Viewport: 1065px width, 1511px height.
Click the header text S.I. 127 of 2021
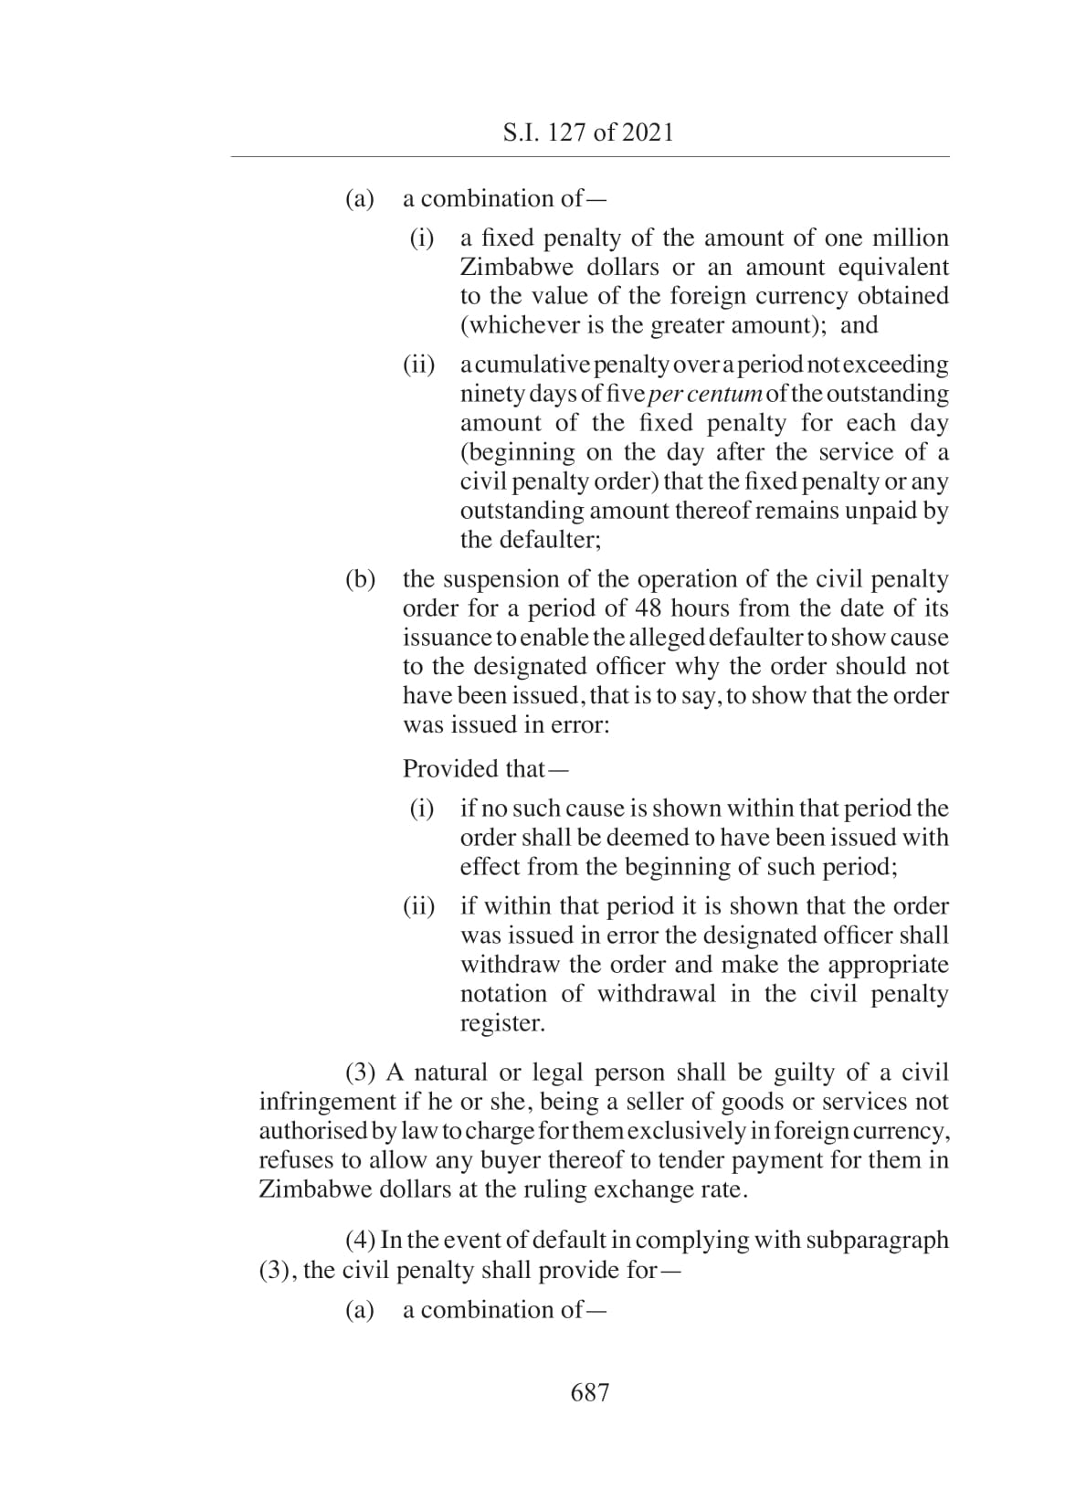click(x=588, y=132)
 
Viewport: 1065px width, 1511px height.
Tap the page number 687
click(x=589, y=1392)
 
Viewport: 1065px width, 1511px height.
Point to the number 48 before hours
click(x=649, y=608)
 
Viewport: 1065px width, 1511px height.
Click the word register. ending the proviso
click(x=502, y=1023)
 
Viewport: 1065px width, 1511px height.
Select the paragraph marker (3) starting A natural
click(x=362, y=1072)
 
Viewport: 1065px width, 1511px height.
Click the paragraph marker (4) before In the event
click(x=361, y=1241)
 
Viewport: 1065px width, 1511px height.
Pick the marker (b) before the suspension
click(x=360, y=579)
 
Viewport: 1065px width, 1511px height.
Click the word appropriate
click(x=888, y=965)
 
